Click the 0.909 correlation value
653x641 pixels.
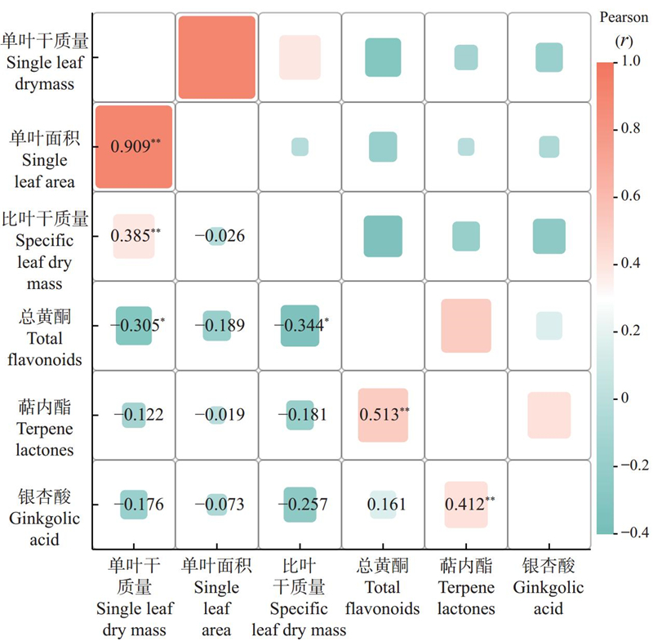pos(134,147)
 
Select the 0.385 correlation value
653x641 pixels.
pos(134,236)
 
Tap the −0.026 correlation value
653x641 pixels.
pos(220,236)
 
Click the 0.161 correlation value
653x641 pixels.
pos(383,505)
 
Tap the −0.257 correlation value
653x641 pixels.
pos(304,505)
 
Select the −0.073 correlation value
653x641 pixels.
pos(220,505)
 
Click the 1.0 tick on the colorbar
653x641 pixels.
pos(632,61)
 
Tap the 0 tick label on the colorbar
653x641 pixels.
pos(626,398)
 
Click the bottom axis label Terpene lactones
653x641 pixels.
pos(466,598)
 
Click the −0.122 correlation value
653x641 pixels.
pos(135,415)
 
